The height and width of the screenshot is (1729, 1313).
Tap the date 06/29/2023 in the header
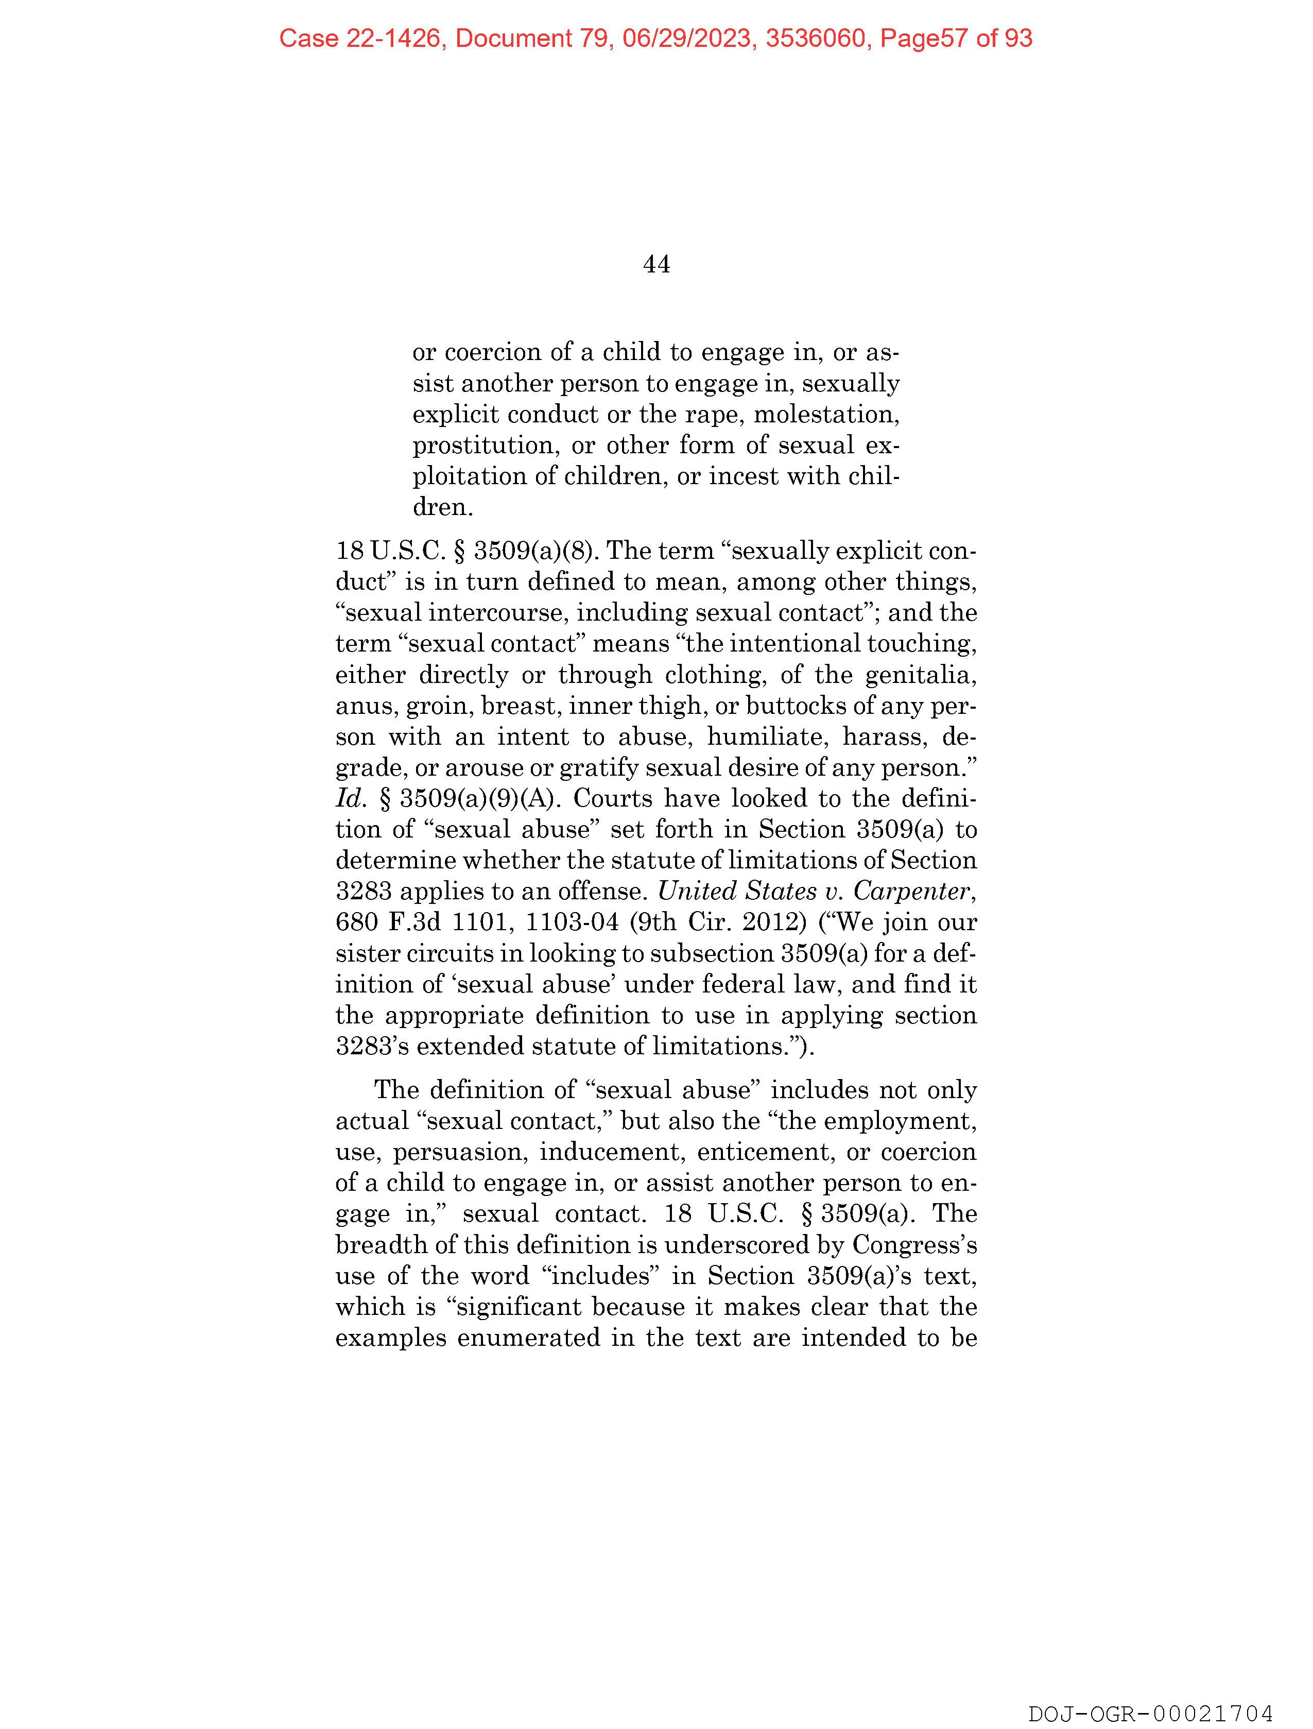688,38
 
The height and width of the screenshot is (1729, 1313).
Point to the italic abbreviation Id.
350,799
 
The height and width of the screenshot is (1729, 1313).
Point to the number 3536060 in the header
818,38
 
